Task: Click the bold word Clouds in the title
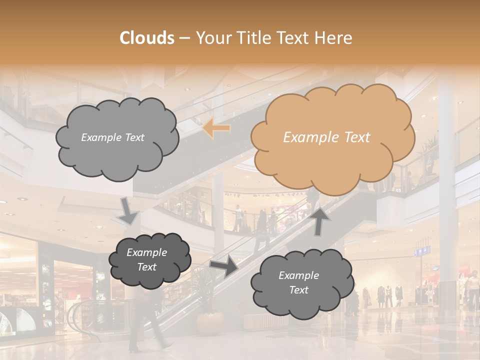click(147, 38)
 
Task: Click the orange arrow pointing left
click(216, 128)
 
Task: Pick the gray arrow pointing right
click(224, 266)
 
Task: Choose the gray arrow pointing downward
click(128, 210)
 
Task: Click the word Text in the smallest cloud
click(147, 267)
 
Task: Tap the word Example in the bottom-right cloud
click(298, 275)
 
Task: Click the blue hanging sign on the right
click(422, 250)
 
